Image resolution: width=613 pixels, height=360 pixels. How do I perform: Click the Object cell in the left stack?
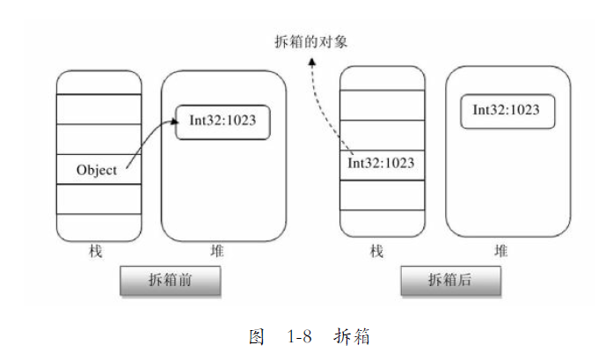click(x=97, y=170)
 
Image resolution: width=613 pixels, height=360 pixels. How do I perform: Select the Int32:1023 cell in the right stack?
click(x=381, y=163)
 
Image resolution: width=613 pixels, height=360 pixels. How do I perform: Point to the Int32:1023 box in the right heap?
click(x=506, y=110)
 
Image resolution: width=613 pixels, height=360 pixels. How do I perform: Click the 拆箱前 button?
click(x=170, y=281)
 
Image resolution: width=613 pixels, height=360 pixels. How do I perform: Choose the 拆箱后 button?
click(x=451, y=281)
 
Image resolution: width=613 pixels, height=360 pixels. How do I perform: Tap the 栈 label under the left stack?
click(x=96, y=251)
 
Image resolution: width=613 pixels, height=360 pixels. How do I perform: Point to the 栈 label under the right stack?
click(x=377, y=251)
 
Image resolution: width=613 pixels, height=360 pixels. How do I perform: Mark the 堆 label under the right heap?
click(x=501, y=251)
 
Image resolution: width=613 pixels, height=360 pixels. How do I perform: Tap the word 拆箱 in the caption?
click(x=352, y=336)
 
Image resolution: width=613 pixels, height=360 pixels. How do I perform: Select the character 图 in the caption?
click(x=257, y=336)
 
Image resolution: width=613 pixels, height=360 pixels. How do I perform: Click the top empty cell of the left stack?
click(x=99, y=82)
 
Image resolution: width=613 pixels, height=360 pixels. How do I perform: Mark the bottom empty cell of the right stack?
click(x=381, y=224)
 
